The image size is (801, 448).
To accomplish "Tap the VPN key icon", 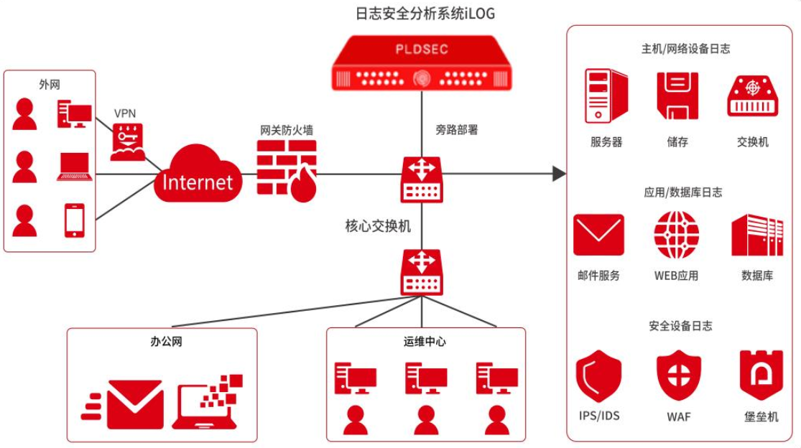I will (127, 141).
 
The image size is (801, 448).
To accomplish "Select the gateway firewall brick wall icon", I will (286, 168).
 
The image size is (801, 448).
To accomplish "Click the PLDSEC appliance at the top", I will (422, 65).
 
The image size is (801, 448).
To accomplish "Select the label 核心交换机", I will (378, 226).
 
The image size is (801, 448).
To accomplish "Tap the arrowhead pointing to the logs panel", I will (559, 173).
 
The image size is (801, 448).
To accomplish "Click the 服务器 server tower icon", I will (606, 97).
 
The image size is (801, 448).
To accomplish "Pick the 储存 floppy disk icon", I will (677, 96).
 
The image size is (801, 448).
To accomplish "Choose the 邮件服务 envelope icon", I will (598, 235).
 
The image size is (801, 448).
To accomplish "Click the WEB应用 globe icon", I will (676, 235).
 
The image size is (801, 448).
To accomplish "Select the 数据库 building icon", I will (757, 235).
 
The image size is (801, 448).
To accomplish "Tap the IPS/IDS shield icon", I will (598, 375).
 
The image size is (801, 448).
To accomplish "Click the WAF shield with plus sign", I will (679, 375).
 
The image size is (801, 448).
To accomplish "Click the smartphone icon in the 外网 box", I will (75, 220).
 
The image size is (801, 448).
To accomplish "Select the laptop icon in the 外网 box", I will (75, 167).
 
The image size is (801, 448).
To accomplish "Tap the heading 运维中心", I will (425, 342).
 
